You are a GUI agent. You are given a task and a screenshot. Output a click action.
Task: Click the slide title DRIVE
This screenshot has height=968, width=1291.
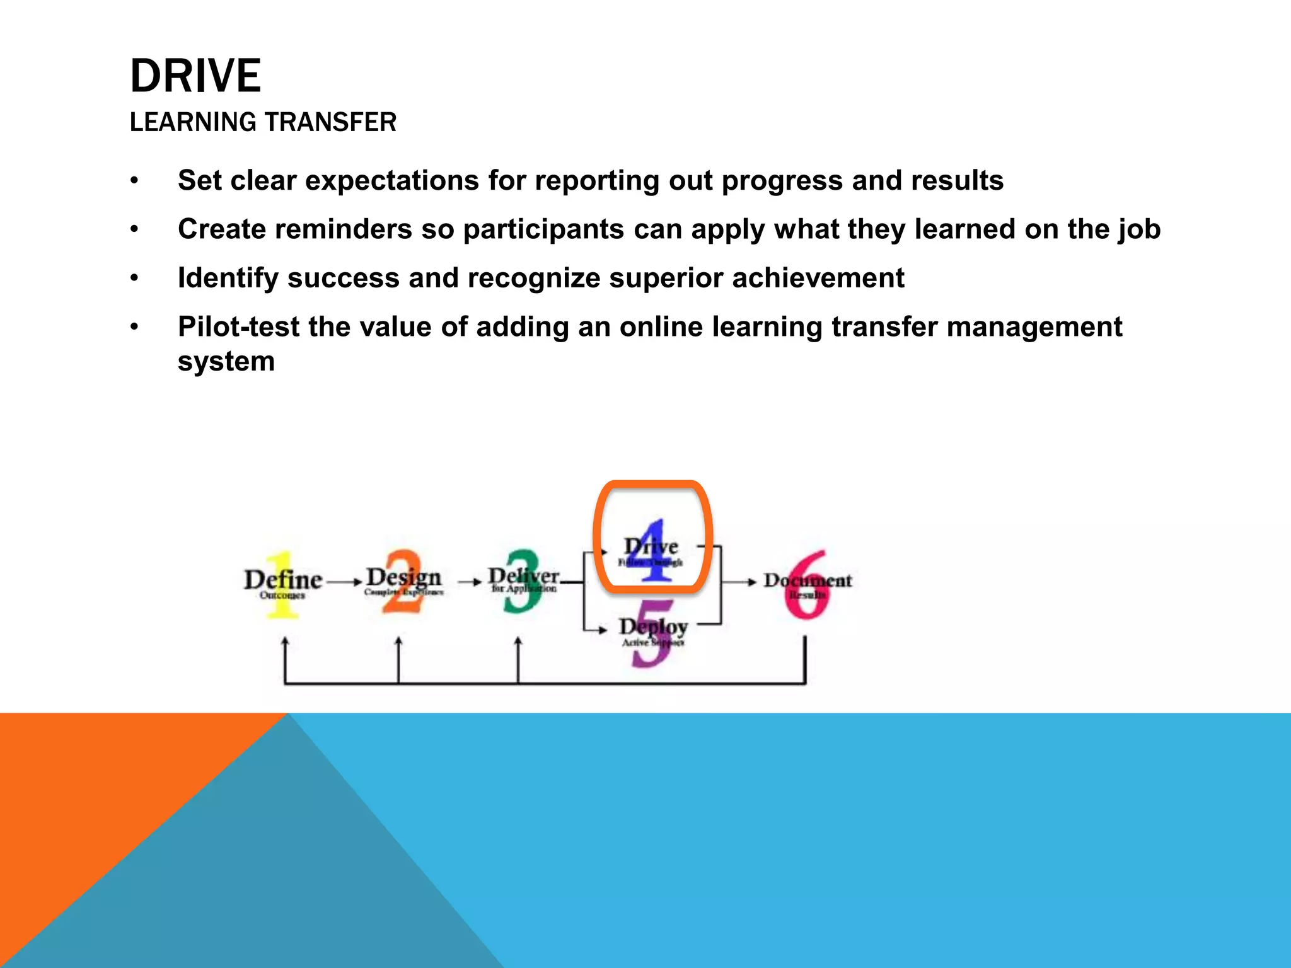195,76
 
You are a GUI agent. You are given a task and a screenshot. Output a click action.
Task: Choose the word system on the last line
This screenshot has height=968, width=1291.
226,362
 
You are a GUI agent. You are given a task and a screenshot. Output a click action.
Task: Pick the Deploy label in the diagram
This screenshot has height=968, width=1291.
652,627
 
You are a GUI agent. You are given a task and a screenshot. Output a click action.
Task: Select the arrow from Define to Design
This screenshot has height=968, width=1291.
344,582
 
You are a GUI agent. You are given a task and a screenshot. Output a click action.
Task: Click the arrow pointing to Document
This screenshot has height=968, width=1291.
741,582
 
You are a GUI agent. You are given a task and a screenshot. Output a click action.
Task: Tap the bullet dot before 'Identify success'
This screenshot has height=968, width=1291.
134,278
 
